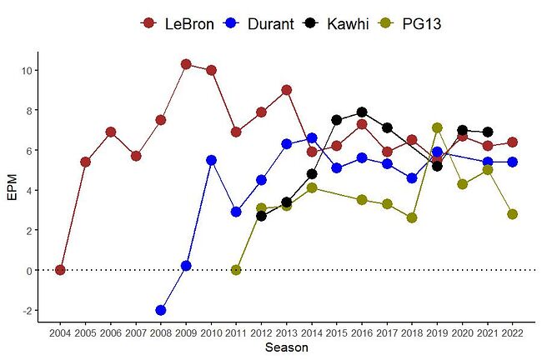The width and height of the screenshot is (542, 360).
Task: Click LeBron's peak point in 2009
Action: pos(186,64)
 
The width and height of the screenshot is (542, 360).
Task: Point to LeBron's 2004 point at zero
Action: pos(60,270)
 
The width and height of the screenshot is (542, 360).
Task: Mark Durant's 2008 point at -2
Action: pos(161,310)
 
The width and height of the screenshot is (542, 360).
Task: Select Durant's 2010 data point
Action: pos(211,160)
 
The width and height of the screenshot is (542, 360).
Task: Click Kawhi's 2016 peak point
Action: pos(362,112)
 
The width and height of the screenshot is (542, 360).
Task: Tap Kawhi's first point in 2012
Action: pos(261,216)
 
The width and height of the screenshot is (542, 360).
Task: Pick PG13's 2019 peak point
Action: pos(437,127)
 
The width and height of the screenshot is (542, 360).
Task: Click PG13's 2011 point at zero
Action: pos(236,270)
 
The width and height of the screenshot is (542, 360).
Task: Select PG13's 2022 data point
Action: pos(512,214)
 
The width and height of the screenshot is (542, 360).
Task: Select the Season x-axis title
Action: pos(286,348)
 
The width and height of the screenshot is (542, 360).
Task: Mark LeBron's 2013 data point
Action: pos(286,90)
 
